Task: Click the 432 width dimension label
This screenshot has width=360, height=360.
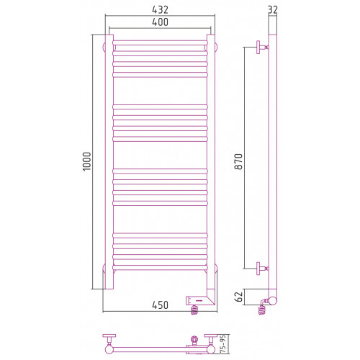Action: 160,9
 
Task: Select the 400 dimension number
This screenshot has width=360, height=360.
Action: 160,22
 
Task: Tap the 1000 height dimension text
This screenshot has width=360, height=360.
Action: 87,161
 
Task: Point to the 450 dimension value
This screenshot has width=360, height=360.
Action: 160,305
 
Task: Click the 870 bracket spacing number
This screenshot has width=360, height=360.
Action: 239,161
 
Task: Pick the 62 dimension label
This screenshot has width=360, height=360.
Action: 239,297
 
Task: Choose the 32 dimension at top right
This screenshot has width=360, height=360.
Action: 272,9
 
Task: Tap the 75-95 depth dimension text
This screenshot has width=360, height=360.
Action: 223,344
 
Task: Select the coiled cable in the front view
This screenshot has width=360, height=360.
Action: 194,310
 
